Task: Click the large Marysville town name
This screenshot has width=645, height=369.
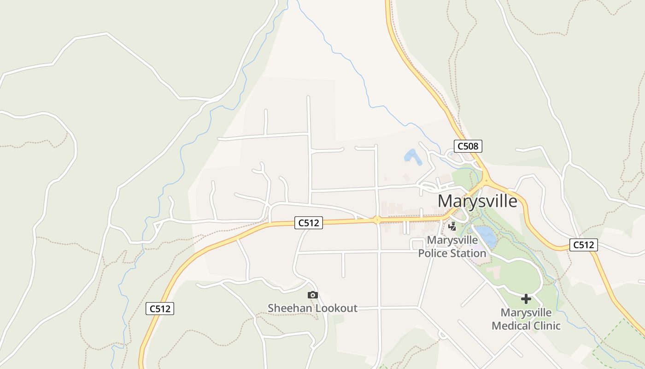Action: click(477, 202)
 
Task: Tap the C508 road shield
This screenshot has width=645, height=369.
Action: click(468, 147)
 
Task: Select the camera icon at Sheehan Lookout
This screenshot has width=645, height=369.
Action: click(312, 295)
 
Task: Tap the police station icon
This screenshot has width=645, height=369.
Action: click(452, 226)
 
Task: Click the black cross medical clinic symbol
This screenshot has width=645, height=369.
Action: click(526, 299)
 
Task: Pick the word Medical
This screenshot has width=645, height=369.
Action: click(509, 326)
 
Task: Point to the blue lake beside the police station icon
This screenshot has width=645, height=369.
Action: click(486, 235)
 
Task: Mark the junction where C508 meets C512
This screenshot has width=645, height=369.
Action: click(486, 180)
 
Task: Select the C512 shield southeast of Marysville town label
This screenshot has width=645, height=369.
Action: click(583, 245)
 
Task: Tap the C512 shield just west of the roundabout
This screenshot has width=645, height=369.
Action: click(308, 223)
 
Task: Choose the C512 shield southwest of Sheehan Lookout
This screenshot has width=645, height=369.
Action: click(160, 309)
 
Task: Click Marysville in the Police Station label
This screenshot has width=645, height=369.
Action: click(451, 240)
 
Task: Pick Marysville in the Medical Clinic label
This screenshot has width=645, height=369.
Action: click(526, 313)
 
